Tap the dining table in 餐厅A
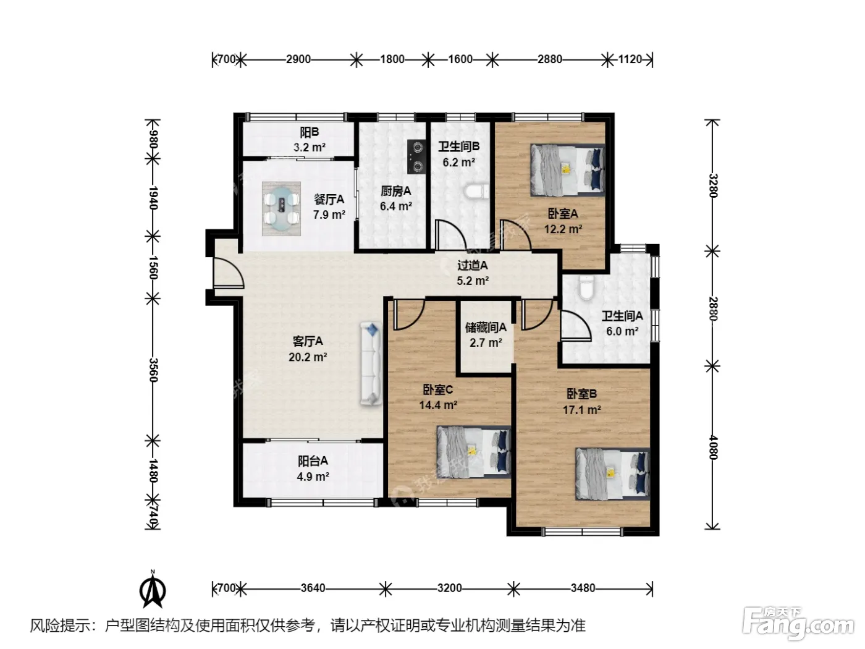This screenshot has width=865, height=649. [x=281, y=208]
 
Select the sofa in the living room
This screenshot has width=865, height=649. [x=371, y=363]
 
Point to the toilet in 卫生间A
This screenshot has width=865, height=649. [x=586, y=287]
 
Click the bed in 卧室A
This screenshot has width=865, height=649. [x=567, y=170]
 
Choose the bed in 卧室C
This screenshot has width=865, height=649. [x=474, y=452]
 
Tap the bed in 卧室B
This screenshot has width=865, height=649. [x=612, y=473]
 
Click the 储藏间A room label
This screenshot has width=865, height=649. [x=486, y=327]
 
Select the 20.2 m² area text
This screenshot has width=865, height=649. [x=308, y=357]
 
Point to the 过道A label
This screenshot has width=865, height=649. [x=473, y=265]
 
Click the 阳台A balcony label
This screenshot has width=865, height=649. [x=313, y=460]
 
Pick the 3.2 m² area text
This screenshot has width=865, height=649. [x=310, y=147]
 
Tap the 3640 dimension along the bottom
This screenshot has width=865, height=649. [x=313, y=588]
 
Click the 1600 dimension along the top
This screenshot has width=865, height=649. [x=460, y=59]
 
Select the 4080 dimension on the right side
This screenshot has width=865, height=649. [x=713, y=447]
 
